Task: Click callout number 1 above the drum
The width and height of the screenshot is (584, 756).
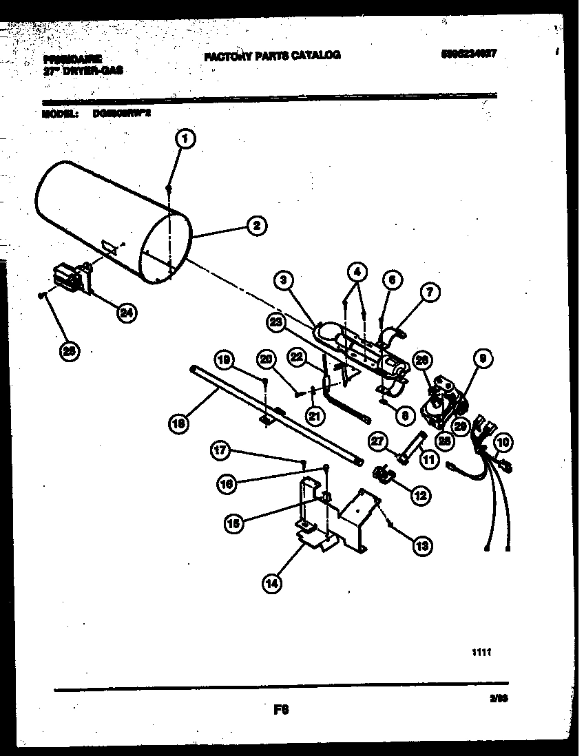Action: tap(184, 139)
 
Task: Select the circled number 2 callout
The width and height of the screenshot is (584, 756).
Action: tap(255, 225)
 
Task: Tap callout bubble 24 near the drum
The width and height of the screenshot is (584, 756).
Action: tap(126, 313)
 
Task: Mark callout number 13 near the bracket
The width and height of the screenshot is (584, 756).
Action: tap(421, 545)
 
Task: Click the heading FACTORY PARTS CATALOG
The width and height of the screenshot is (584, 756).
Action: tap(272, 55)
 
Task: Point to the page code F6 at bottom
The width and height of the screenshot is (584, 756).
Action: tap(280, 710)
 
